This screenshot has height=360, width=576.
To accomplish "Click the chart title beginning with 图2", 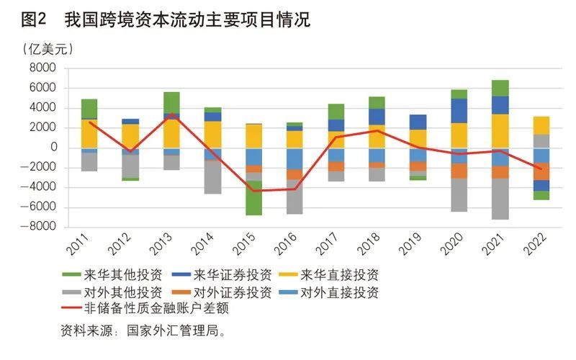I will point(166,20).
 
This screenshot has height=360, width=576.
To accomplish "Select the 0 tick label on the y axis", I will point(53,148).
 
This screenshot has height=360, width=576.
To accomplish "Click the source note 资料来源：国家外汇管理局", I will point(145,332).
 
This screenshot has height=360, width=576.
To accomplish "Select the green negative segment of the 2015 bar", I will point(254,197).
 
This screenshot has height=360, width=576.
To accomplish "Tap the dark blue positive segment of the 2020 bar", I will point(459,111).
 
